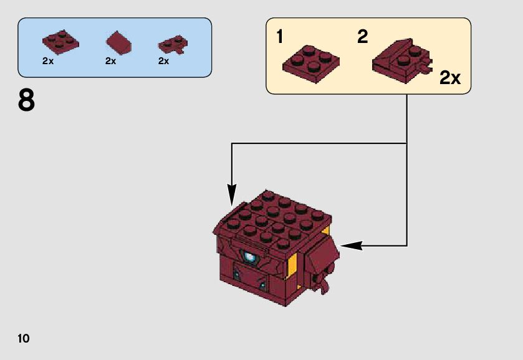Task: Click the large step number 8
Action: [26, 102]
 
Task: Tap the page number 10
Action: [24, 339]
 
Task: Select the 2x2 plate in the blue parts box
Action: [60, 40]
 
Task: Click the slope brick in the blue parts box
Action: [118, 43]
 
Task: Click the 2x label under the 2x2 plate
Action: [49, 61]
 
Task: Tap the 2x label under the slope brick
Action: [111, 61]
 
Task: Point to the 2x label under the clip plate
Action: [163, 61]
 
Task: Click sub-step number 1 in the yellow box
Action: [279, 37]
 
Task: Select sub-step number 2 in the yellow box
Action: [362, 37]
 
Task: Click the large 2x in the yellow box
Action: [449, 78]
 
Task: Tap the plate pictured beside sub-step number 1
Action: [312, 64]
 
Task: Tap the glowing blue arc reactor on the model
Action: [251, 256]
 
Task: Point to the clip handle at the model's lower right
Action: [324, 287]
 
